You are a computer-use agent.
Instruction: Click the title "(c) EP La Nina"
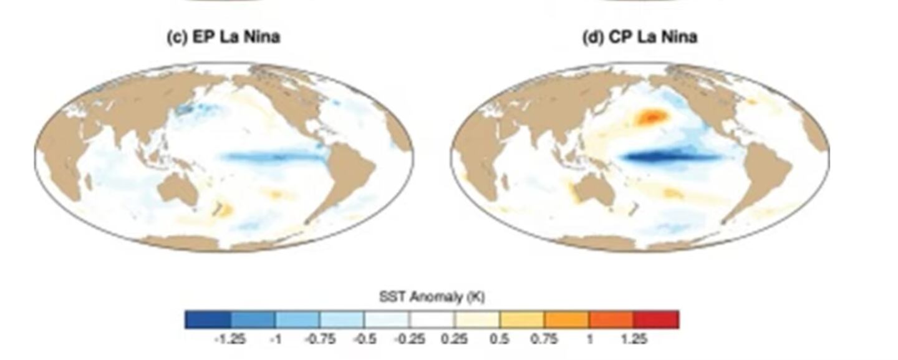223,37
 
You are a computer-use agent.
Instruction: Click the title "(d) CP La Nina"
640,37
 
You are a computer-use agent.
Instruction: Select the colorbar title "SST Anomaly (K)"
432,298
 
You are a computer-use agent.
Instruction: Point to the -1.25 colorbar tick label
229,339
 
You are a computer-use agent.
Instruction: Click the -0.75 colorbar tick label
319,339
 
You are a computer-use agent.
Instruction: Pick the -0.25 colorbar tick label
409,339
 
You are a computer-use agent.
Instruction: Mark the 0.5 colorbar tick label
500,339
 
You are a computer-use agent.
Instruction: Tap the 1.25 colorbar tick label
634,339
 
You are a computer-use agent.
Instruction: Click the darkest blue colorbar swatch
208,319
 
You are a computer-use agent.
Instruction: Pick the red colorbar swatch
656,319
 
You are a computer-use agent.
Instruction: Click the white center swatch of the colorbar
432,319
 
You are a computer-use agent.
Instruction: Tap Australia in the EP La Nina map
178,189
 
